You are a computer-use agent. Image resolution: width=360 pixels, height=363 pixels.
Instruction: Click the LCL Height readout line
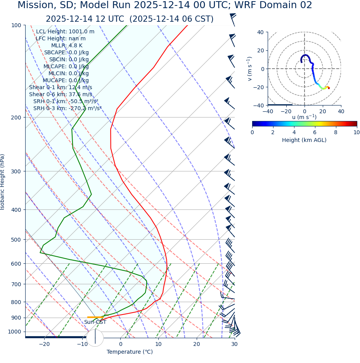[x=65, y=32]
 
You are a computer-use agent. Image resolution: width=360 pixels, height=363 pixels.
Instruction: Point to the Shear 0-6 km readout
[x=61, y=95]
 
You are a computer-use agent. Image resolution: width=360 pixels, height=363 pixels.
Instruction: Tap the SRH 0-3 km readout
[x=67, y=109]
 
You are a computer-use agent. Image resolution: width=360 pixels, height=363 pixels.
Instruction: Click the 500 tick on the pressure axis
[x=17, y=240]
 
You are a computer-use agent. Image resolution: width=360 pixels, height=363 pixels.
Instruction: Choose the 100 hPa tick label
[x=17, y=25]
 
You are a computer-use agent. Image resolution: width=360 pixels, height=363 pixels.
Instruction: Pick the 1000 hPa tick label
[x=15, y=332]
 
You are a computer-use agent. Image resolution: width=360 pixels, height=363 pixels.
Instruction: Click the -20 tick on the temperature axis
[x=44, y=344]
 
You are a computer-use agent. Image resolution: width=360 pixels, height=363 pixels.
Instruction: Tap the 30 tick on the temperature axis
[x=234, y=344]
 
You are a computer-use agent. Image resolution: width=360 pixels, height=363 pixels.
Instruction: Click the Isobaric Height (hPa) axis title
[x=3, y=182]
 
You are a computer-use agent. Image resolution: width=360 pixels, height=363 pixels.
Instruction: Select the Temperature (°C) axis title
[x=130, y=352]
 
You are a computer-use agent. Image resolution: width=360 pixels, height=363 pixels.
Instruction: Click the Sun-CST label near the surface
[x=95, y=322]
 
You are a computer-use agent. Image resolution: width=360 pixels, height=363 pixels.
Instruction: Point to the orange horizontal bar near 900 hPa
[x=95, y=317]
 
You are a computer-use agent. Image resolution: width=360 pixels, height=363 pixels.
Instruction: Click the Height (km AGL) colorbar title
[x=304, y=140]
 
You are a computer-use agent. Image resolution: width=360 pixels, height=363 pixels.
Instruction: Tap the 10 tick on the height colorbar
[x=356, y=133]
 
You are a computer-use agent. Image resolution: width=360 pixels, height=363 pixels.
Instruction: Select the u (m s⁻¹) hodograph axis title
[x=304, y=117]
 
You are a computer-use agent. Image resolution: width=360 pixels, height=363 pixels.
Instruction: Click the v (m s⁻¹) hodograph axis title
[x=250, y=69]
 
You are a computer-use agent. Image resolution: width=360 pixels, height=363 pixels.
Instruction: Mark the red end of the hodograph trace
[x=329, y=88]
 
